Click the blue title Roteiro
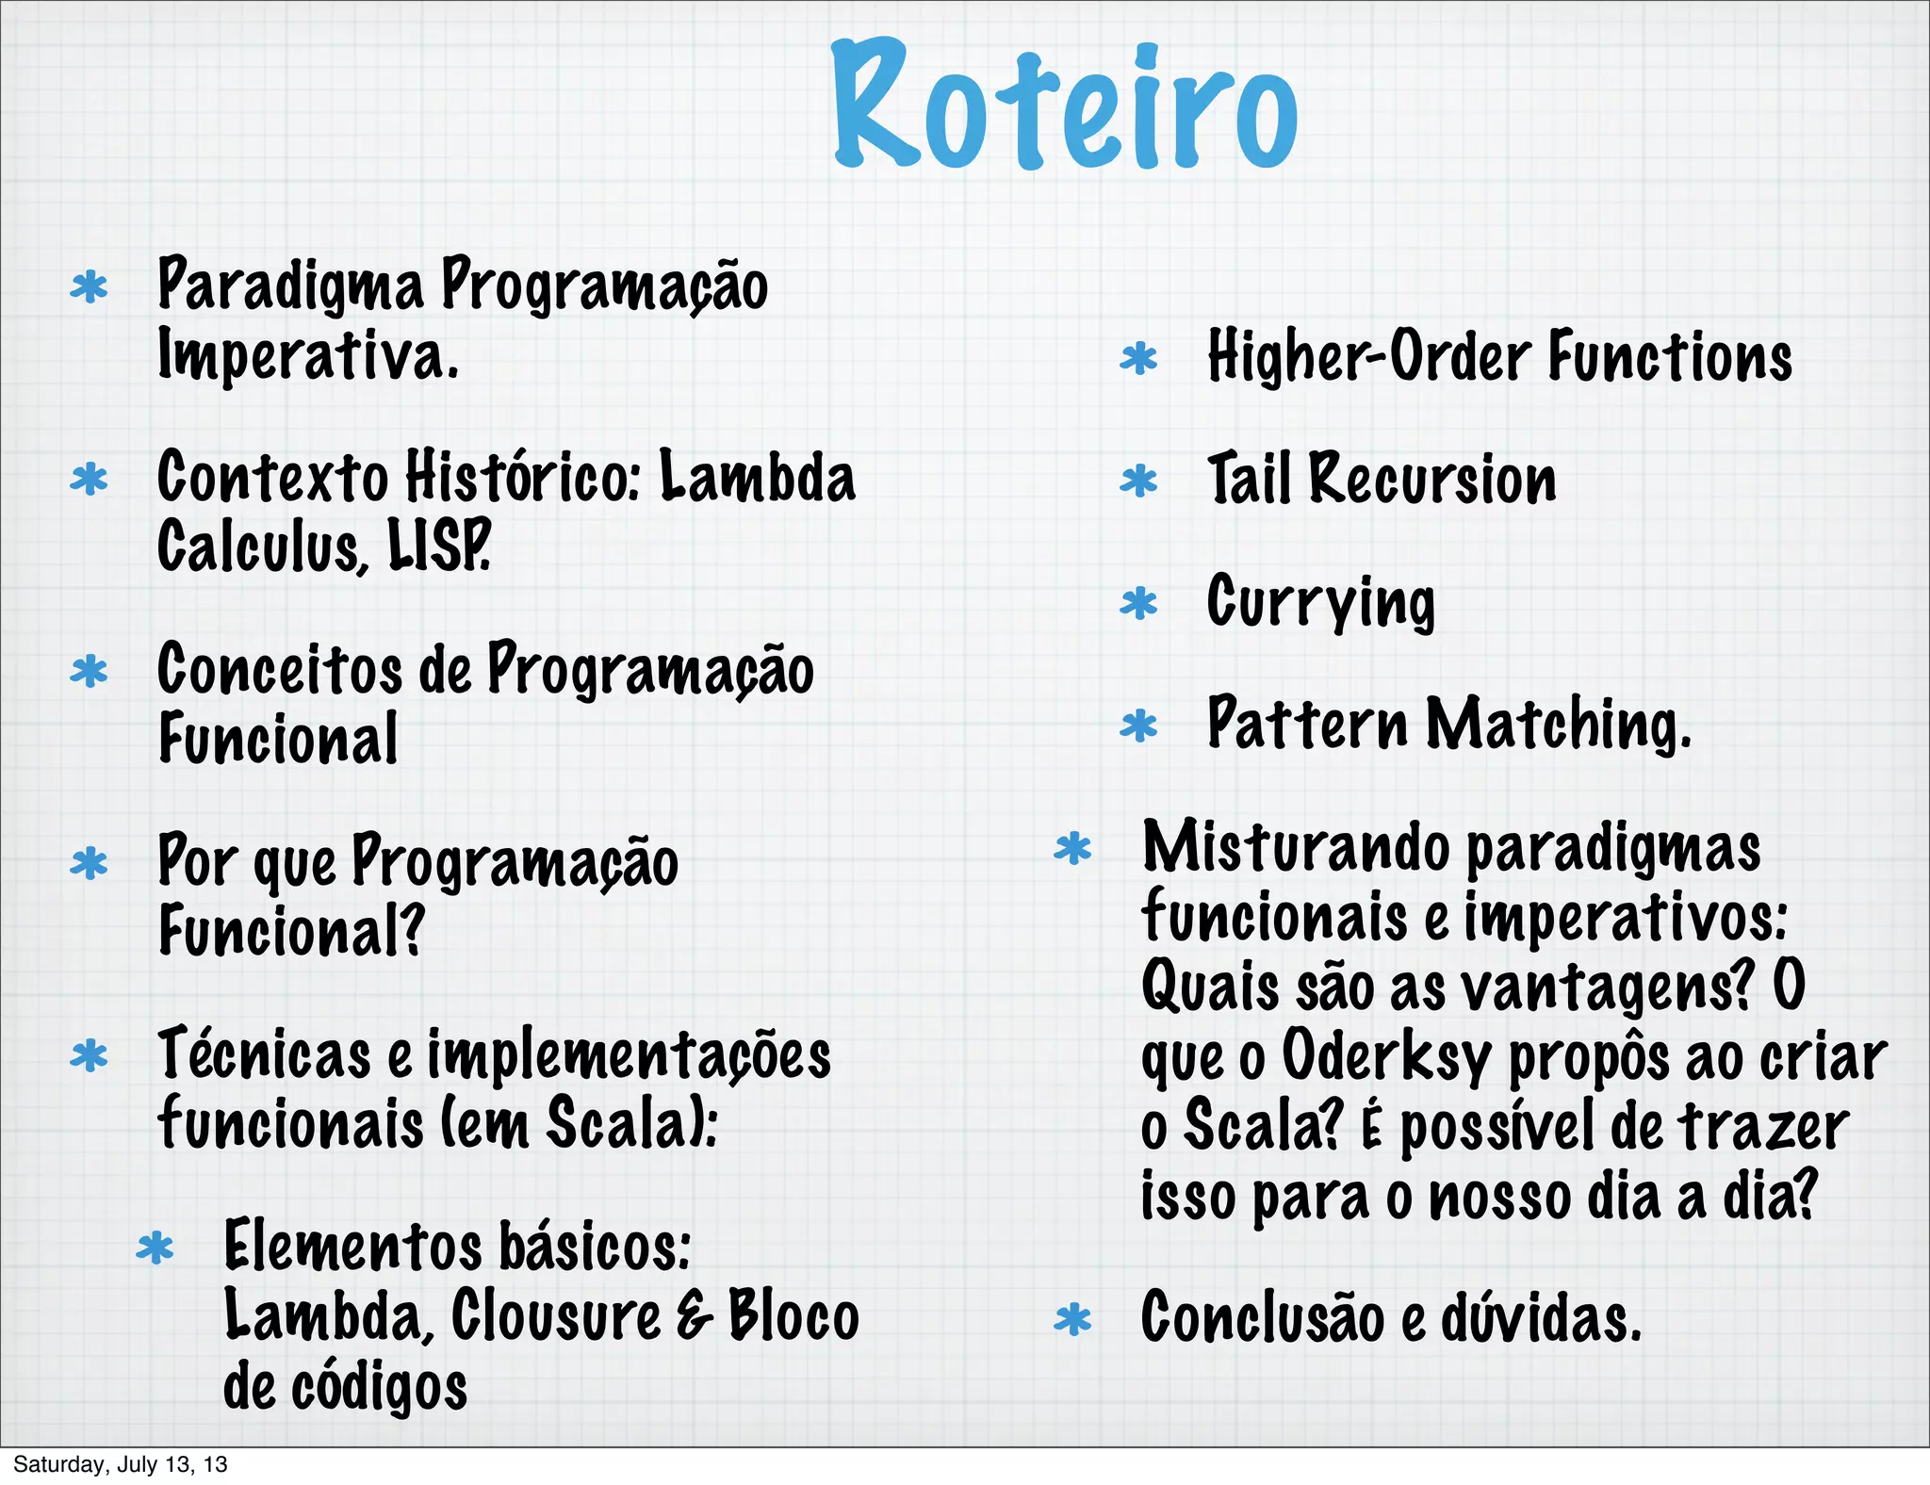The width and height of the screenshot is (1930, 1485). point(1065,106)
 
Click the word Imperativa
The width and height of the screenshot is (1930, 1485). point(308,356)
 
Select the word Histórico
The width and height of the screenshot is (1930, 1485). point(524,477)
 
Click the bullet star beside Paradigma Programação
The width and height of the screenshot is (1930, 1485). point(90,287)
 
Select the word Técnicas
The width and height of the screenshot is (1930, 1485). point(264,1053)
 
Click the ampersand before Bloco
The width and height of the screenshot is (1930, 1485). point(694,1316)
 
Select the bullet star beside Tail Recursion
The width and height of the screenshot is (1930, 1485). point(1138,481)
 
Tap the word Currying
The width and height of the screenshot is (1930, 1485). point(1320,602)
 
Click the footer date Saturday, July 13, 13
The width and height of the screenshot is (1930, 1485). point(121,1464)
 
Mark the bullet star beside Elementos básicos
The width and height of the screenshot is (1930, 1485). point(155,1249)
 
